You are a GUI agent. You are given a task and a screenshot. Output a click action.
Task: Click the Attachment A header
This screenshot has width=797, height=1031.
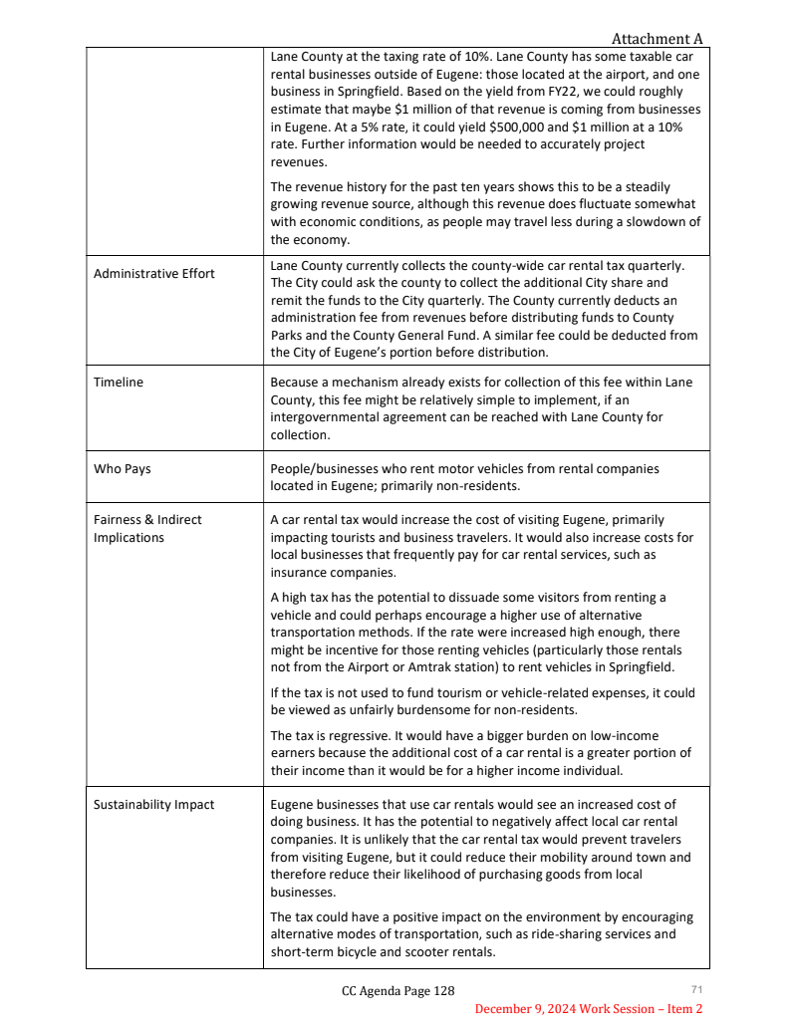pyautogui.click(x=657, y=39)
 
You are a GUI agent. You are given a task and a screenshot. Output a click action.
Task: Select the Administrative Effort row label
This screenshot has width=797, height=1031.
pyautogui.click(x=153, y=273)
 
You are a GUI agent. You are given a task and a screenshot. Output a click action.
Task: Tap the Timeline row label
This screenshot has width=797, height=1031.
pyautogui.click(x=119, y=383)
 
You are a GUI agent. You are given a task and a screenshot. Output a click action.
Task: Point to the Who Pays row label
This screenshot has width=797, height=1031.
pyautogui.click(x=123, y=468)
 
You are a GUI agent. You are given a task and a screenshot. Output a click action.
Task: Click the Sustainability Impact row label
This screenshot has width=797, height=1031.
pyautogui.click(x=153, y=804)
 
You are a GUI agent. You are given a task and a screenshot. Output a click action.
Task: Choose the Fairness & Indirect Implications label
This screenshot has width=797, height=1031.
pyautogui.click(x=147, y=528)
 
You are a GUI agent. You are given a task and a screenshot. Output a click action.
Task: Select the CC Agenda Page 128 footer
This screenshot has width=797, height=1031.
pyautogui.click(x=398, y=991)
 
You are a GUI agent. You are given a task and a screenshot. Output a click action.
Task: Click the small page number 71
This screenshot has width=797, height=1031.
pyautogui.click(x=696, y=988)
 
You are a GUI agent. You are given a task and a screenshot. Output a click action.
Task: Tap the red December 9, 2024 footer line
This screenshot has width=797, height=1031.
pyautogui.click(x=589, y=1009)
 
